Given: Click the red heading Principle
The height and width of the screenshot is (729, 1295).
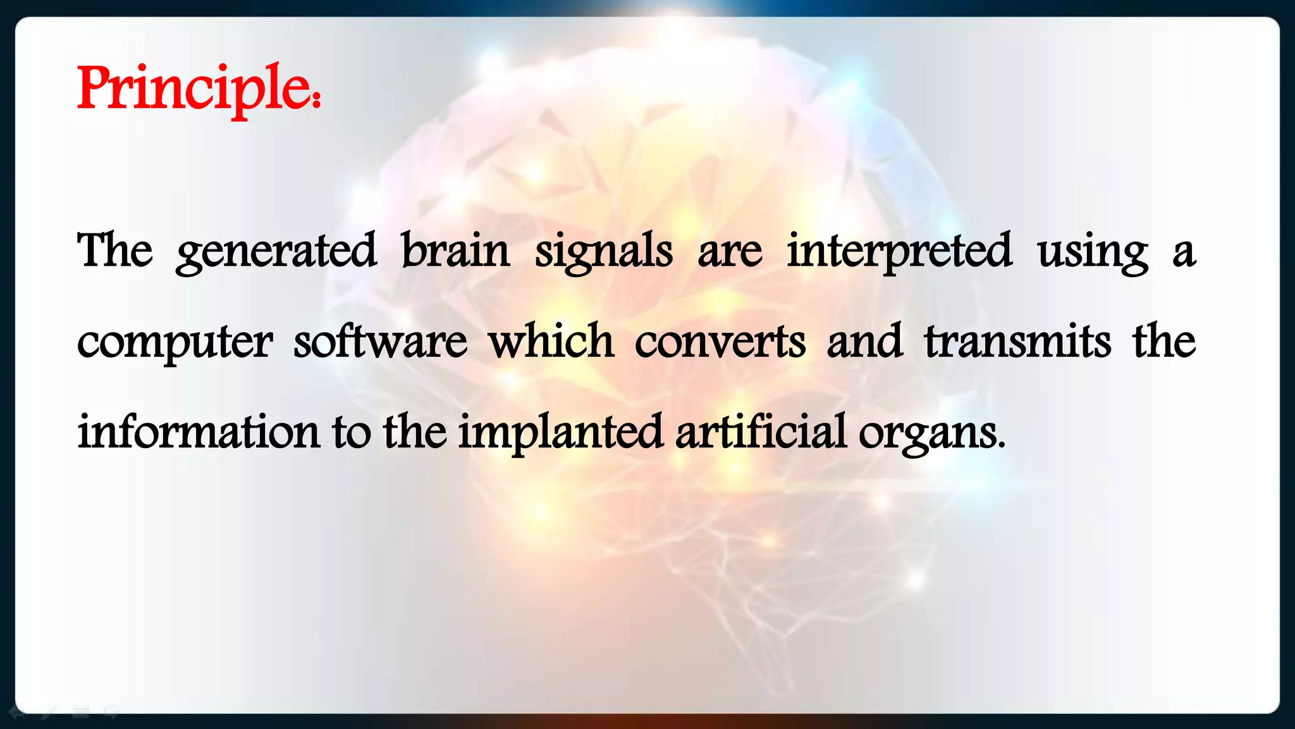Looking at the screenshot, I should [193, 89].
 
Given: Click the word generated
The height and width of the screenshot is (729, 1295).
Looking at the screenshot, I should [276, 251].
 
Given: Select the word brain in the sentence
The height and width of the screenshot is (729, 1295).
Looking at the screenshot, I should [455, 251].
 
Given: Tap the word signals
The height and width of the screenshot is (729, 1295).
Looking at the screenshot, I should [604, 251].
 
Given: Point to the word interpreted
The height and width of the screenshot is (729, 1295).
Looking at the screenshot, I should [899, 251].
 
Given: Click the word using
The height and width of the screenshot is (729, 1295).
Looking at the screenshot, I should [1093, 251].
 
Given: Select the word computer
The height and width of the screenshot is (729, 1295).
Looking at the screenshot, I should [175, 342].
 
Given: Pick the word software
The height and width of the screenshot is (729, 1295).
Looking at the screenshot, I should [380, 342].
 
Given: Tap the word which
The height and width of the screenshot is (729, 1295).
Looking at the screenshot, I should [551, 342].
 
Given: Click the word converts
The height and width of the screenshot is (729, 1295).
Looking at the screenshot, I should [720, 342].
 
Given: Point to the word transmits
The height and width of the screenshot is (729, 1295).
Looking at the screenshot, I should [1017, 342].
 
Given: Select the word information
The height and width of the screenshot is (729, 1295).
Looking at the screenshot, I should [199, 433].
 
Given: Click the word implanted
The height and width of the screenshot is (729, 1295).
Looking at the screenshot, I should [560, 433].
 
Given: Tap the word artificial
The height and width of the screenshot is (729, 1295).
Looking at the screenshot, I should [761, 433].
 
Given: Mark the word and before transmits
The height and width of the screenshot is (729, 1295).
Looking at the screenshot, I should [864, 342].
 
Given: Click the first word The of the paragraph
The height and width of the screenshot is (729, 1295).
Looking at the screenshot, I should [114, 251].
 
